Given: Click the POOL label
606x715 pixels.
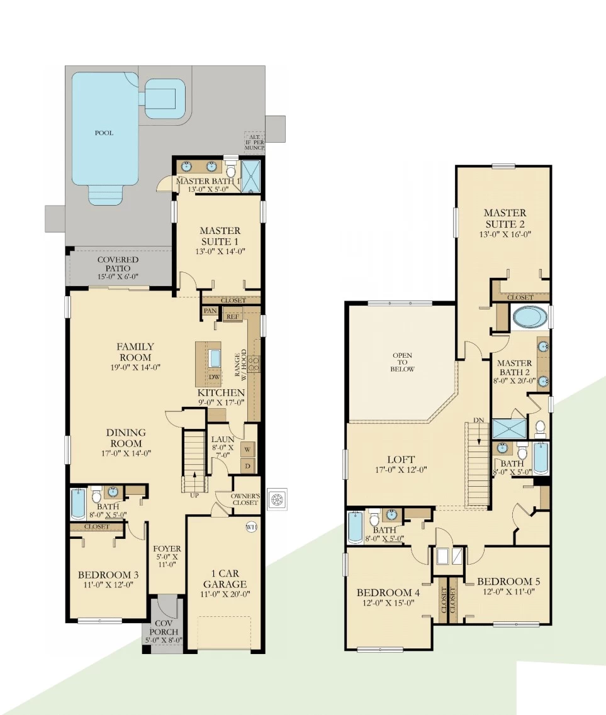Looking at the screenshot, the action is (x=104, y=133).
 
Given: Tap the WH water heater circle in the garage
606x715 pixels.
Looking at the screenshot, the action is (x=252, y=527).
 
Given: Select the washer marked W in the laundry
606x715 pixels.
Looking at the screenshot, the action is (x=248, y=449).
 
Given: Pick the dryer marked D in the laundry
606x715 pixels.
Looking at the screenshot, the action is (x=248, y=465).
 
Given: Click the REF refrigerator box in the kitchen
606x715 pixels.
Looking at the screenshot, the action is (x=233, y=316).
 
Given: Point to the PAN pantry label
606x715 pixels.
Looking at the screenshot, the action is (x=210, y=311).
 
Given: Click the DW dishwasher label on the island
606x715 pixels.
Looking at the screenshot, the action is (x=214, y=377).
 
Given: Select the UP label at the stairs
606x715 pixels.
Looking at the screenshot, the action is (x=194, y=495).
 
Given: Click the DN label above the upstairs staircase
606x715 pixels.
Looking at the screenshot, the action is (x=479, y=420).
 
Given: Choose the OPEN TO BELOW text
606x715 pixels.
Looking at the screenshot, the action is (x=402, y=362).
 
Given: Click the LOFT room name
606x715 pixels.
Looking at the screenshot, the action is (x=401, y=460).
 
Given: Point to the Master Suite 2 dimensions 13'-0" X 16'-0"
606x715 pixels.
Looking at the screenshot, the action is (x=505, y=235).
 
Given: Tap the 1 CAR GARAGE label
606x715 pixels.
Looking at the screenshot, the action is (x=225, y=579).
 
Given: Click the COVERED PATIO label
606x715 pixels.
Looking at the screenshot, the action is (x=118, y=264).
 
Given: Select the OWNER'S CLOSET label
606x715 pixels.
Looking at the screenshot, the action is (x=245, y=499).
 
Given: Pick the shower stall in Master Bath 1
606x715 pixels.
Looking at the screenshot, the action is (x=250, y=177).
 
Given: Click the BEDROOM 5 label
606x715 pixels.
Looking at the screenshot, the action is (x=508, y=582).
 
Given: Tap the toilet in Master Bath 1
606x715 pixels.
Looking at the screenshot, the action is (x=231, y=168).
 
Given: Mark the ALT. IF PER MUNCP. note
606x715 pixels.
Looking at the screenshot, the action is (x=255, y=142).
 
